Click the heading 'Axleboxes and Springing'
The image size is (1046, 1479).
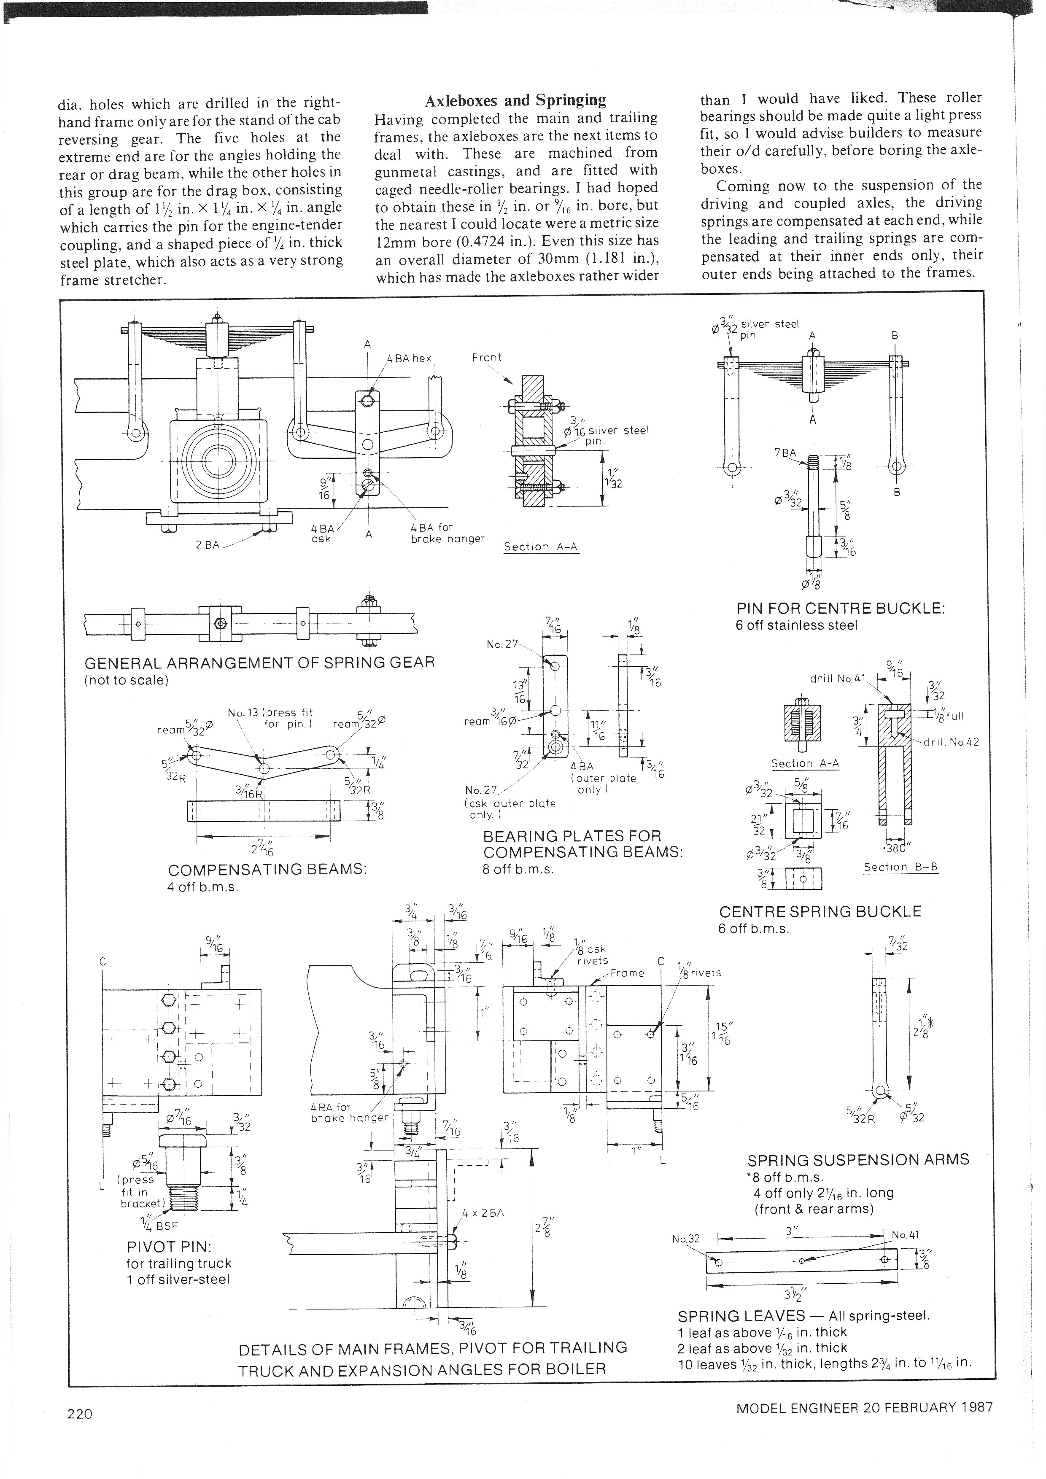[515, 100]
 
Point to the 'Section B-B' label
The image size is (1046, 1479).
[900, 867]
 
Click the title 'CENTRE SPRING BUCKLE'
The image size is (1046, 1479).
[820, 911]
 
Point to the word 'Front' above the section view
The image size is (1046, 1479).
[486, 358]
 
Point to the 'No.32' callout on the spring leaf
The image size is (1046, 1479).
[685, 1238]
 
